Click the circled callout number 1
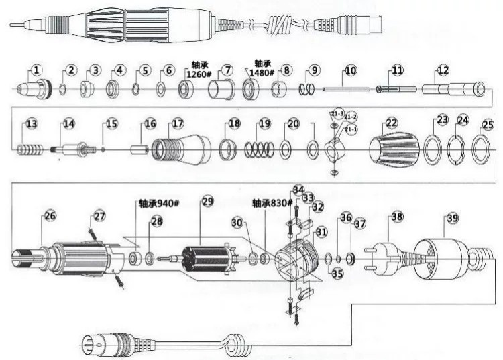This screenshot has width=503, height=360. (x=36, y=70)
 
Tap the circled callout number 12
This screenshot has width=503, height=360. (x=443, y=70)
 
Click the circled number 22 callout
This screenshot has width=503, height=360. (x=392, y=123)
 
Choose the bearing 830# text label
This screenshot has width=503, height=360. (x=272, y=202)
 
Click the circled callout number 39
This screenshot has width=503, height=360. (x=453, y=217)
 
